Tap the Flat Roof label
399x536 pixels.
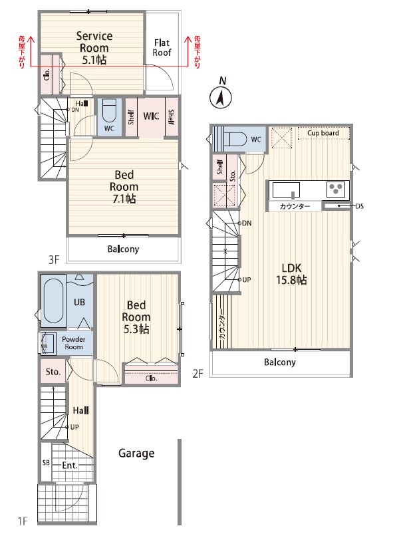162,47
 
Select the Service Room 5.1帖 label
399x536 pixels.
94,48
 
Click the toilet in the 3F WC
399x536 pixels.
110,111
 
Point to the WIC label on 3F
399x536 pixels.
151,116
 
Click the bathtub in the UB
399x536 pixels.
54,301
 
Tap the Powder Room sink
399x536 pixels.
47,343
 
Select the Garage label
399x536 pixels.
136,454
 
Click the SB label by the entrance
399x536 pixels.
46,462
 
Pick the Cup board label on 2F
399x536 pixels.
323,133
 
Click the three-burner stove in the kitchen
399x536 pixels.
337,190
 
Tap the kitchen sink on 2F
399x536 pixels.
286,190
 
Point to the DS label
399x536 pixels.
360,206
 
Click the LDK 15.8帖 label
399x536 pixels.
291,274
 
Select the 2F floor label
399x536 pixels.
198,374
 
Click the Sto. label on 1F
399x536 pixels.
53,372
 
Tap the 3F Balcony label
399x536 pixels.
123,249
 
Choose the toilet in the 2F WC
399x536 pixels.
235,140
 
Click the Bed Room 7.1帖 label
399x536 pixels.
124,187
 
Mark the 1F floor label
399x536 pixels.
23,521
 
